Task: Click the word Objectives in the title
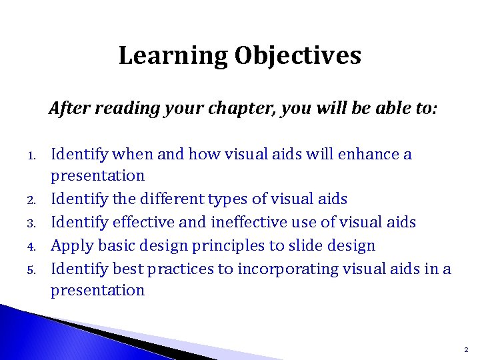coord(297,56)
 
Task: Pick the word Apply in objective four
coord(70,246)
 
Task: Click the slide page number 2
coord(466,349)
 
